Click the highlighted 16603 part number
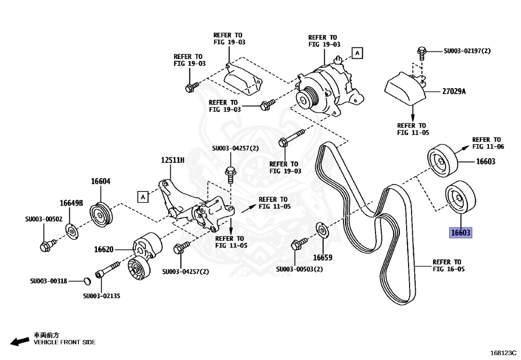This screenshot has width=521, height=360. pyautogui.click(x=461, y=233)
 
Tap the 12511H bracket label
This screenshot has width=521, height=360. pyautogui.click(x=172, y=160)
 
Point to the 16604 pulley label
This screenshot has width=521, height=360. pyautogui.click(x=101, y=181)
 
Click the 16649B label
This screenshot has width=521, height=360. pyautogui.click(x=71, y=203)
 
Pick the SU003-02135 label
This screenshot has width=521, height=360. pyautogui.click(x=101, y=296)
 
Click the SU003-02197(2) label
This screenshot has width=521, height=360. pyautogui.click(x=467, y=51)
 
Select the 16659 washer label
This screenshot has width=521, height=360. pyautogui.click(x=322, y=258)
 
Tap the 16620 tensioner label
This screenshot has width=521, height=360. pyautogui.click(x=103, y=250)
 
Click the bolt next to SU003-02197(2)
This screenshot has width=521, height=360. pyautogui.click(x=421, y=51)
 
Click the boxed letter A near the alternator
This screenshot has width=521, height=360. pyautogui.click(x=357, y=53)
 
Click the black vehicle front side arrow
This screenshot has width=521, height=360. pyautogui.click(x=20, y=341)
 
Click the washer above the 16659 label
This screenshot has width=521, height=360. pyautogui.click(x=321, y=230)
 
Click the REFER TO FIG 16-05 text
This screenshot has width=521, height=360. pyautogui.click(x=447, y=265)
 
